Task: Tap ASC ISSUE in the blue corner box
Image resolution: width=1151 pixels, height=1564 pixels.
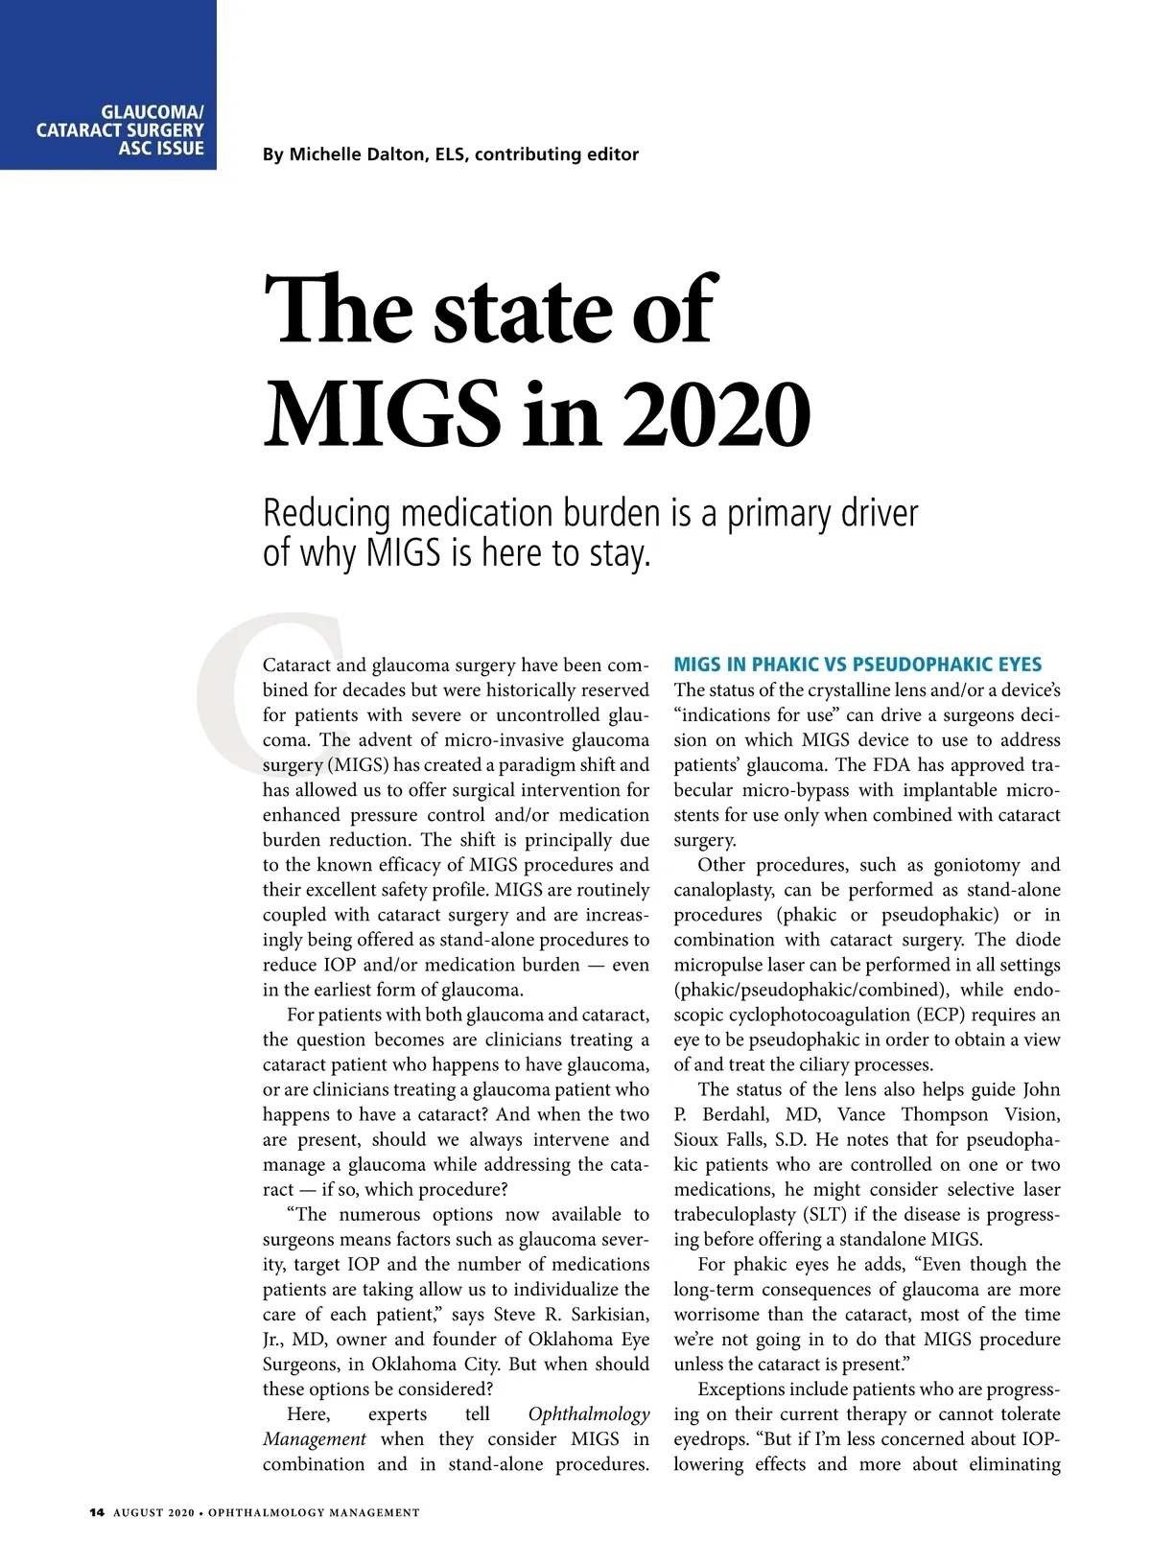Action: pos(161,149)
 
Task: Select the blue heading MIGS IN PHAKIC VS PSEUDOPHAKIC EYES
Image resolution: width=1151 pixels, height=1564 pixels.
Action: pos(857,665)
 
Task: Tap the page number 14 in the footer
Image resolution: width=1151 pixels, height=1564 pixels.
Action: pos(96,1512)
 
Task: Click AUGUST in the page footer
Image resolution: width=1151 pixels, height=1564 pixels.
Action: pos(138,1512)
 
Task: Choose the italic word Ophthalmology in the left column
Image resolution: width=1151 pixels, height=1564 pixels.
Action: pos(589,1414)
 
